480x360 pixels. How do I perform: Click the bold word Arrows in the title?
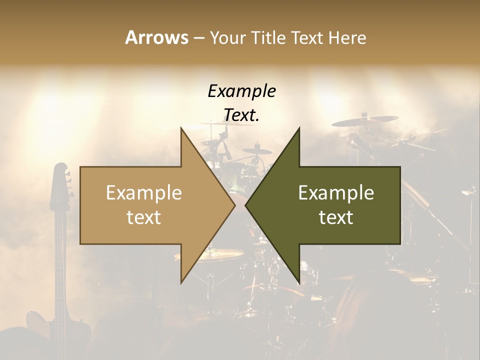(x=156, y=37)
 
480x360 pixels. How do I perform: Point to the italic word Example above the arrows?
(x=241, y=91)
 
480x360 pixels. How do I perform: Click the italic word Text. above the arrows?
(x=241, y=115)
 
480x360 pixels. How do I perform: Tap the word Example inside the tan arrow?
(x=144, y=193)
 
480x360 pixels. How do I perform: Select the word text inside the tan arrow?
(x=144, y=217)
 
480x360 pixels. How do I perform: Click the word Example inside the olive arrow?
(x=336, y=193)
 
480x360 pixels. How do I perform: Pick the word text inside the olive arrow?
(x=336, y=217)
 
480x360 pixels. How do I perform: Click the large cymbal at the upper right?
(x=364, y=121)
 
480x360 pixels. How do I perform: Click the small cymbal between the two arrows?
(x=258, y=150)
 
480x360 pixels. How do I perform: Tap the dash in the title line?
(x=198, y=37)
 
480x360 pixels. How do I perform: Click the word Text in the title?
(x=307, y=37)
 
